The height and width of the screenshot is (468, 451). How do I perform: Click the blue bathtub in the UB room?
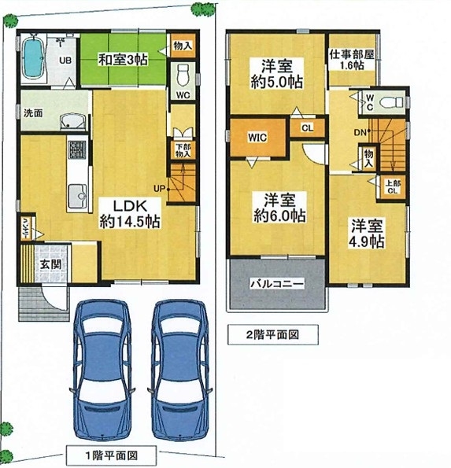[x=32, y=58]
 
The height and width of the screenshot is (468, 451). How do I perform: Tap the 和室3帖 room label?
[x=123, y=60]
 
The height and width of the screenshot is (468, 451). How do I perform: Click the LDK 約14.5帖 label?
[x=130, y=214]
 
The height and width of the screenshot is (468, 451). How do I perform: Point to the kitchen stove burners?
[x=77, y=149]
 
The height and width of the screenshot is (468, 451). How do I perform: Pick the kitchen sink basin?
[x=77, y=196]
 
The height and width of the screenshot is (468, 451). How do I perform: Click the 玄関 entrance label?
[x=50, y=264]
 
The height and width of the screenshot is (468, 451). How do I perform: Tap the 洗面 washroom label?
[x=33, y=113]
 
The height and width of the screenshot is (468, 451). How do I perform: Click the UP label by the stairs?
[x=159, y=189]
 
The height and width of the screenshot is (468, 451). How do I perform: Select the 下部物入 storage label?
[x=183, y=150]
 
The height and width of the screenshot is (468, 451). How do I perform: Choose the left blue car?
[x=102, y=370]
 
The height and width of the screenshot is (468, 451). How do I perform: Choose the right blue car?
[x=180, y=370]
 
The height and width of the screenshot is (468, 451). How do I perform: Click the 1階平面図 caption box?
[x=111, y=455]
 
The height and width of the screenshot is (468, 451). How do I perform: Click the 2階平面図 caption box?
[x=272, y=334]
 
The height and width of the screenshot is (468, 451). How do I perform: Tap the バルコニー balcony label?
[x=277, y=283]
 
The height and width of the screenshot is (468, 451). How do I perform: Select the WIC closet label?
[x=257, y=138]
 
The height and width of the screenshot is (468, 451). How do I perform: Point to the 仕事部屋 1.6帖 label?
[x=352, y=60]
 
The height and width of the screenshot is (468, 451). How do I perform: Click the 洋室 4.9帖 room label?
[x=367, y=234]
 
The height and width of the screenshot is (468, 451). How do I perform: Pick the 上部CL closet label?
[x=393, y=187]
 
